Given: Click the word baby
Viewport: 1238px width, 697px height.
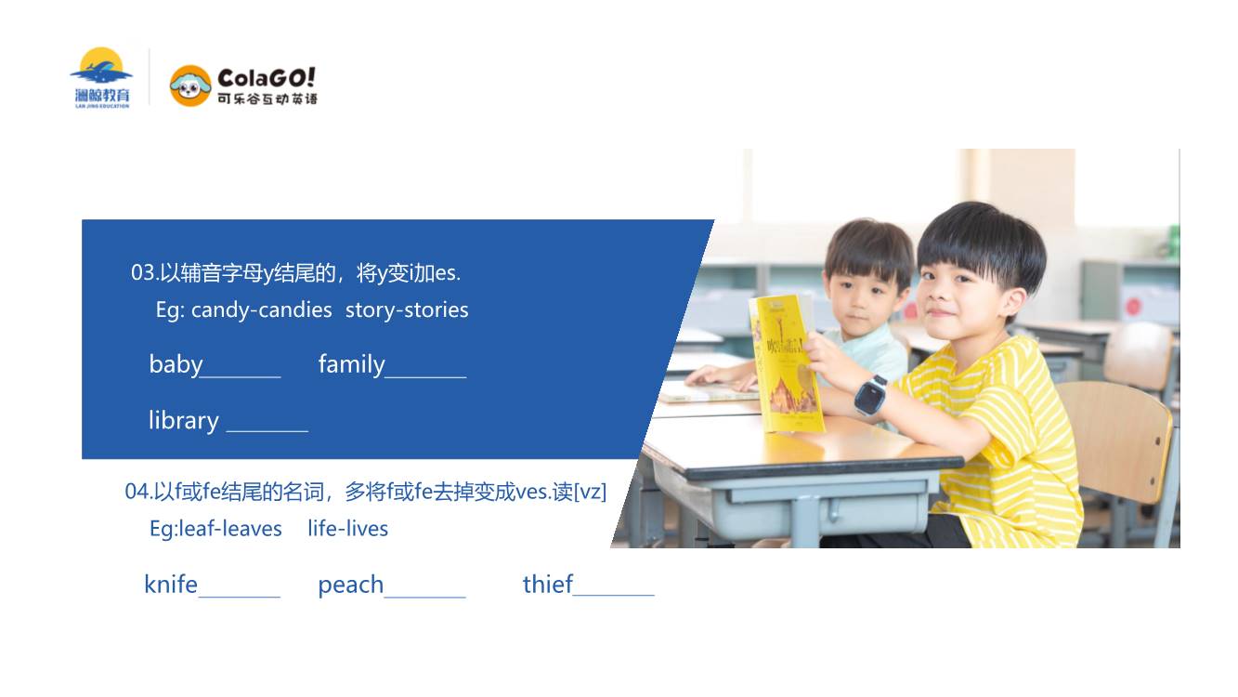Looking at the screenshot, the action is [x=176, y=364].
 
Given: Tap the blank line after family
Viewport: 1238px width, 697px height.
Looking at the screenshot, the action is [x=425, y=377].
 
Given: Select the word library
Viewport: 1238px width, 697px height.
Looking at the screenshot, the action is [x=184, y=421].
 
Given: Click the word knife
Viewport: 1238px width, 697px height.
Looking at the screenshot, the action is [x=171, y=585].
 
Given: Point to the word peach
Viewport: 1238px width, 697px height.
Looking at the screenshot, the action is [x=351, y=585].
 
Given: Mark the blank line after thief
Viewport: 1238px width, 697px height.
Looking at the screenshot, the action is [x=614, y=595].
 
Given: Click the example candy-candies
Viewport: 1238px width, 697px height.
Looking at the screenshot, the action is [x=261, y=310].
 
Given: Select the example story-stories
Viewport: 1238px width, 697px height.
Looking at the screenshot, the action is [x=407, y=310].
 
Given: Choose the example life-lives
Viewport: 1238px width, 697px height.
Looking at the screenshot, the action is [x=348, y=529].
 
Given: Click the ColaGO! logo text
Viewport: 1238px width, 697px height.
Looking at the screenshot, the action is [x=267, y=78].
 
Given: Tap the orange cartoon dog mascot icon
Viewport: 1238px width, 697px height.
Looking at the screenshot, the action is [x=190, y=85].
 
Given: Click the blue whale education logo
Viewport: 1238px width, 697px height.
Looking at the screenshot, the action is [x=101, y=77].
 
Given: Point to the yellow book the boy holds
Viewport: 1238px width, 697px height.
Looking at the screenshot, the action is [x=786, y=363].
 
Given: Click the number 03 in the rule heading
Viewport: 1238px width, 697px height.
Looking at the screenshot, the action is [x=143, y=272].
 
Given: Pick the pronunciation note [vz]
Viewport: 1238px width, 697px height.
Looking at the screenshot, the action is [x=591, y=492].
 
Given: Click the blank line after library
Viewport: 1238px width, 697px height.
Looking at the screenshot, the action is [x=267, y=431].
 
